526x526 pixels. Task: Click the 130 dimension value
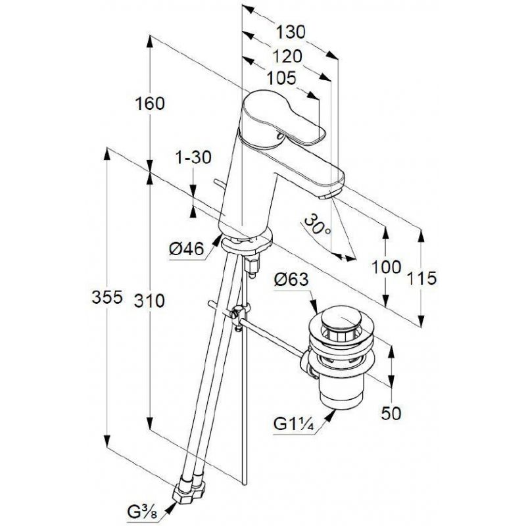[291, 32]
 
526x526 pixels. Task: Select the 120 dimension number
[287, 57]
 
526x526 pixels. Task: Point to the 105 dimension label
[282, 78]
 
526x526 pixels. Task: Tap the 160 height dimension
[150, 103]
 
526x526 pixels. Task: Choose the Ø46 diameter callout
[187, 249]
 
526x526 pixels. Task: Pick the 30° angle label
[318, 225]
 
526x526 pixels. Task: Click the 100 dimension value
[387, 267]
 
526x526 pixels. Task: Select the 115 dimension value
[422, 278]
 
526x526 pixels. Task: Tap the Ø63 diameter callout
[291, 279]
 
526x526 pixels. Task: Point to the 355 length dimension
[107, 297]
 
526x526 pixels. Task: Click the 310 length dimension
[150, 301]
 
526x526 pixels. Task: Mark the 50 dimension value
[391, 414]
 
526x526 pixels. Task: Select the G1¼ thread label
[294, 424]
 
